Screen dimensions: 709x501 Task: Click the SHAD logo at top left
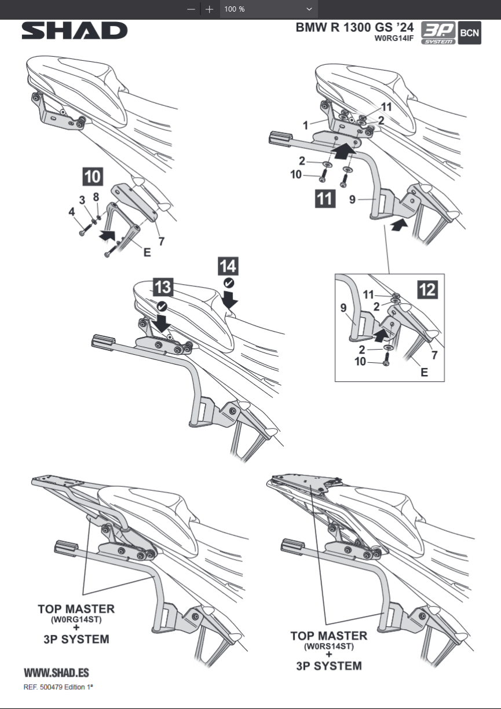pos(75,31)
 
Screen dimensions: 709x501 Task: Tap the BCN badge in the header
pos(469,34)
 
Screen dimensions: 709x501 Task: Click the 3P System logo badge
pos(437,34)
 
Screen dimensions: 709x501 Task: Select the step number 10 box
pos(93,177)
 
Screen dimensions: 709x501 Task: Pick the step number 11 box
pos(324,199)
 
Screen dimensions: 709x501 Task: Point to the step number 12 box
pos(427,289)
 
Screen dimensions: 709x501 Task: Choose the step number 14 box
pos(228,267)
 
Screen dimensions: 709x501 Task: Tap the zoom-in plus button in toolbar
pos(210,9)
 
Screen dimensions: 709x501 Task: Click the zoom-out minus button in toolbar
pos(191,9)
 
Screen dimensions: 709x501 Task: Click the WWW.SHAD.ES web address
pos(56,673)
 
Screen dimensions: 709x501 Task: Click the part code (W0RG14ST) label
pos(76,620)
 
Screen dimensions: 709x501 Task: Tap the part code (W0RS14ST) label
pos(328,646)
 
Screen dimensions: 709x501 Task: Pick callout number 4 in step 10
pos(72,212)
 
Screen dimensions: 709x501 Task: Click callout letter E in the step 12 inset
pos(424,372)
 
